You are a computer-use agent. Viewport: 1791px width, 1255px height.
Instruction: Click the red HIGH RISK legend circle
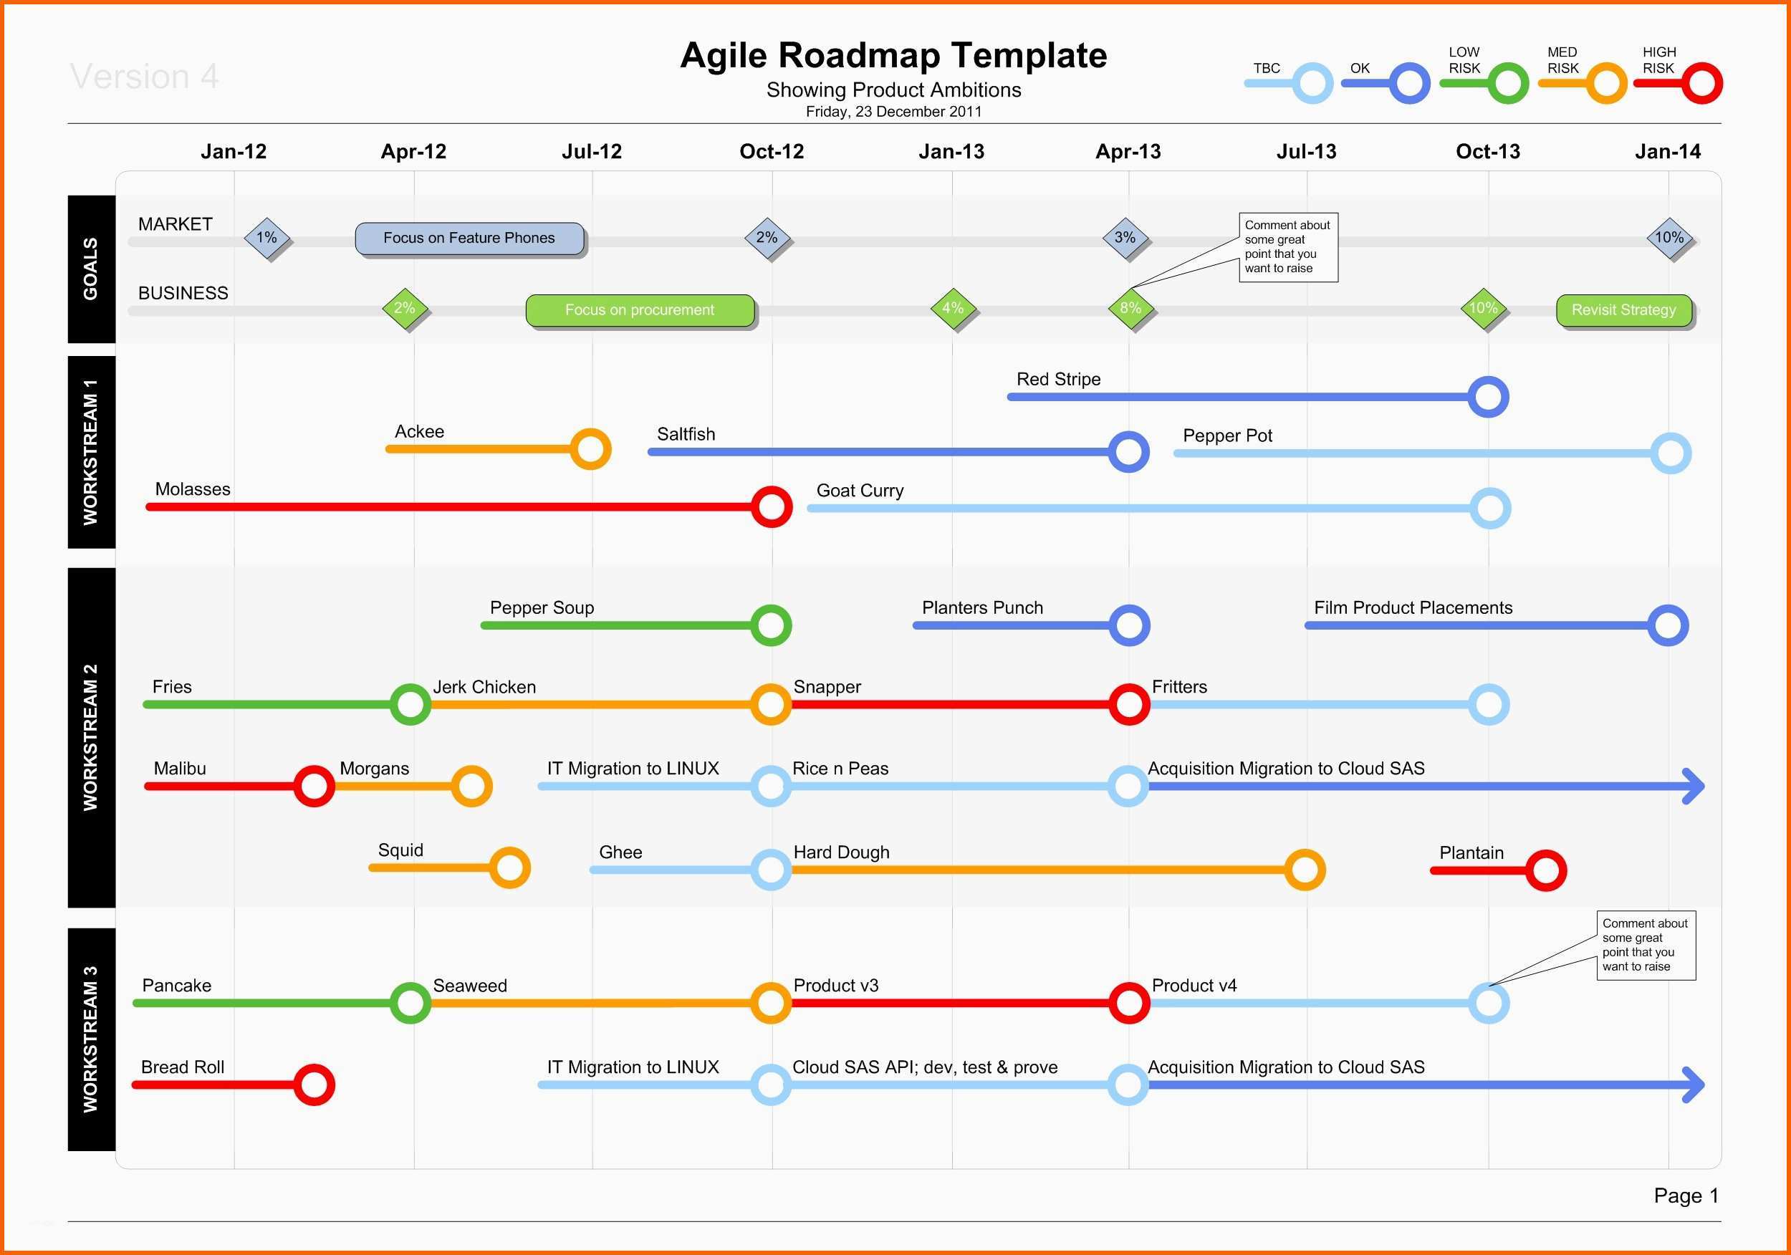(1702, 84)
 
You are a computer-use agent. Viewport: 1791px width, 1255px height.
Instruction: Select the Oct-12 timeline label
(772, 151)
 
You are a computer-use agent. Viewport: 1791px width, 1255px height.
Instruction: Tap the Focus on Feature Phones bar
(469, 239)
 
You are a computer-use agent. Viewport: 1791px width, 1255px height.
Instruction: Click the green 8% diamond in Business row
(1130, 308)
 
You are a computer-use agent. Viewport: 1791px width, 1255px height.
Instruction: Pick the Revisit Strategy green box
(1624, 310)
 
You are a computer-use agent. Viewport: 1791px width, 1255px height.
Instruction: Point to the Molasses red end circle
(772, 507)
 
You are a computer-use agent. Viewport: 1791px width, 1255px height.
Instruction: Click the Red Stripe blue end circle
(1489, 397)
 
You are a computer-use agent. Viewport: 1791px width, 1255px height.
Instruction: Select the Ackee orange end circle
(590, 449)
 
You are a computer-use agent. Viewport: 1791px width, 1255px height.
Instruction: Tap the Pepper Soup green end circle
(771, 625)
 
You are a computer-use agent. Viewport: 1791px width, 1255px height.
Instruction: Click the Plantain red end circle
(1546, 870)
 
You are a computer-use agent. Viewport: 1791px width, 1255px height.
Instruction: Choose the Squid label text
(401, 850)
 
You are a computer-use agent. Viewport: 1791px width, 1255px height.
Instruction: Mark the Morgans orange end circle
(472, 787)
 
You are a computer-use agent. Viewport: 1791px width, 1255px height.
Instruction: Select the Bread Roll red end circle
(314, 1085)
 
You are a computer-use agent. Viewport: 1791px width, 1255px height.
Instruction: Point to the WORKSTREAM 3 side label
(91, 1039)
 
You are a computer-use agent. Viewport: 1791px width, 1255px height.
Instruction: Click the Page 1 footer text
(1686, 1196)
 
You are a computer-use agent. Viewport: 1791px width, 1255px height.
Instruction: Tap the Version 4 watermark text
(144, 77)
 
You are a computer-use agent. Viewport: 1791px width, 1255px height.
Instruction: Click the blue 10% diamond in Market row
(1669, 238)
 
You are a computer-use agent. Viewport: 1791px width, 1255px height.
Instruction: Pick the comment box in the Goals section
(1289, 247)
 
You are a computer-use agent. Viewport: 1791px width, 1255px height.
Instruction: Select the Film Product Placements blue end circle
(1668, 625)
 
